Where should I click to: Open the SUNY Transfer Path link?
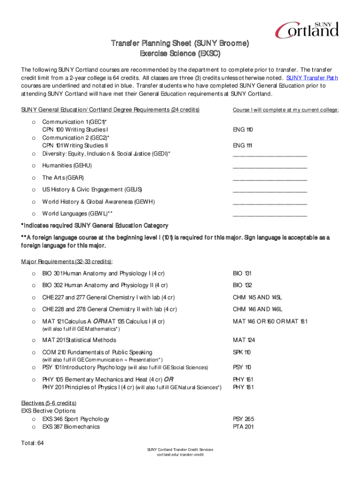[312, 78]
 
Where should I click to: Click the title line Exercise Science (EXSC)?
[180, 53]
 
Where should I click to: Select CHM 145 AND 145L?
[258, 298]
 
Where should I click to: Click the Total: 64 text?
[32, 443]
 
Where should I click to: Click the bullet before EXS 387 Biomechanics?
[33, 427]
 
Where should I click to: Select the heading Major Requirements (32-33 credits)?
[67, 261]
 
